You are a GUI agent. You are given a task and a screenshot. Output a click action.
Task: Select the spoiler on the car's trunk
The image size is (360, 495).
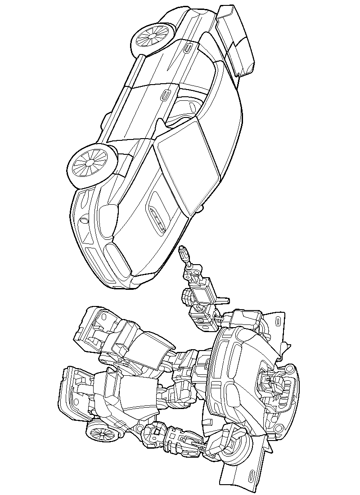[234, 40]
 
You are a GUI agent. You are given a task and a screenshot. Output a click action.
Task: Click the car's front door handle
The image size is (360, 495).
[165, 95]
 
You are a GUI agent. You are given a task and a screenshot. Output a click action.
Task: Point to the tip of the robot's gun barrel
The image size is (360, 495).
[183, 248]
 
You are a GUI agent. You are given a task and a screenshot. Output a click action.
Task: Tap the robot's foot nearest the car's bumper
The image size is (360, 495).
[94, 328]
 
